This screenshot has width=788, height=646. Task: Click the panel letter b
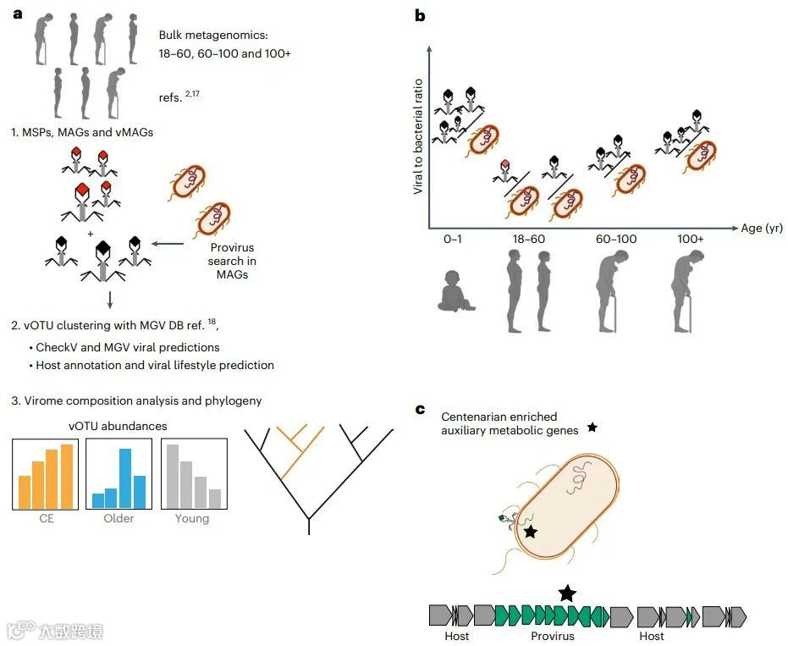point(420,16)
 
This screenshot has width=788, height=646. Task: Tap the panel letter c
point(420,410)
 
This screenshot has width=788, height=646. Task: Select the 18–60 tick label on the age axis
point(529,240)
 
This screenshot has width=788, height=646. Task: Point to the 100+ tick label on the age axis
point(690,240)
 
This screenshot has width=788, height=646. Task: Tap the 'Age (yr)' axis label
point(762,228)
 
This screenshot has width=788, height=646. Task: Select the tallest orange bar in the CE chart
point(67,477)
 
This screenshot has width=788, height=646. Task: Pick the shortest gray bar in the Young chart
point(215,498)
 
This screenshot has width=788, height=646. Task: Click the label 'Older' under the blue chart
point(118,518)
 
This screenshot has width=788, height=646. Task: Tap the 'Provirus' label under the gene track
point(553,636)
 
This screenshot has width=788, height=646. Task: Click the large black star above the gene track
point(566,593)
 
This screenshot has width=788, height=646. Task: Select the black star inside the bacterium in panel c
point(531,532)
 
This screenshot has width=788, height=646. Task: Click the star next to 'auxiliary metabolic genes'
point(592,428)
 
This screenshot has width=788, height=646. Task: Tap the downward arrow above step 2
point(112,297)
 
